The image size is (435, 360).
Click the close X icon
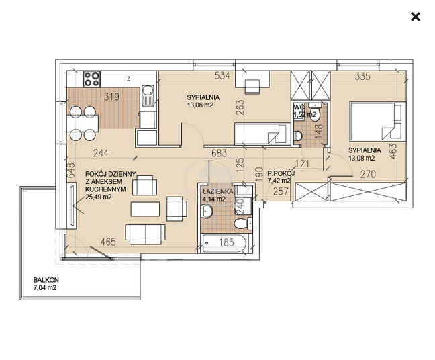pos(416,17)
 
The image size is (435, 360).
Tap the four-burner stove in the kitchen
pos(92,79)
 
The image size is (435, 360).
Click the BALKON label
pos(46,280)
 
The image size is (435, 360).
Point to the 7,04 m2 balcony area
pos(45,288)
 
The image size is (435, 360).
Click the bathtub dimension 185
pos(226,242)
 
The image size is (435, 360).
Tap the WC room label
pos(299,107)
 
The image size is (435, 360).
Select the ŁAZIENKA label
pos(218,191)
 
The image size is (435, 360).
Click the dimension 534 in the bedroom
pos(222,75)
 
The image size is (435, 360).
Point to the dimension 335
pos(362,76)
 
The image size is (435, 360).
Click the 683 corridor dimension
pos(219,153)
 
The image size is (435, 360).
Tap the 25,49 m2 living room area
pos(99,197)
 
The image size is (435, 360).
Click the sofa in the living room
pos(146,234)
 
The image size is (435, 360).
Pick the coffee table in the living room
pos(145,209)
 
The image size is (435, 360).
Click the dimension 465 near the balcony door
pos(108,242)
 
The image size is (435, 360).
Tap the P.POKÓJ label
pos(281,173)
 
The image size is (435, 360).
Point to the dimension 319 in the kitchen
pos(112,97)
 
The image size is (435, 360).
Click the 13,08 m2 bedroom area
pos(361,159)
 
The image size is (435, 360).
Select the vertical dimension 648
pos(71,171)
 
